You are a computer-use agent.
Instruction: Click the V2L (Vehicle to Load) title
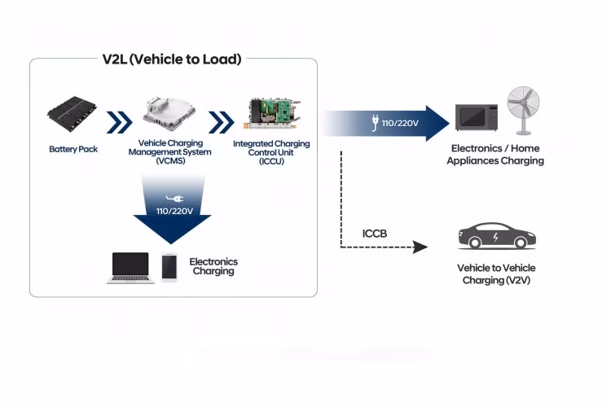pos(172,59)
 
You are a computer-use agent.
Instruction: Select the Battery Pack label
pos(73,150)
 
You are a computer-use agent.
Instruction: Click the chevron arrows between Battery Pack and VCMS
pos(119,122)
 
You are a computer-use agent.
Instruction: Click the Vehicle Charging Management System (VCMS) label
pos(175,152)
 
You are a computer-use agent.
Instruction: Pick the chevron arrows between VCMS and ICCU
pos(221,122)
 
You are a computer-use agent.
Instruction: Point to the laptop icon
pos(130,267)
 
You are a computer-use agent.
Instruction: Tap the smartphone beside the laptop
pos(169,267)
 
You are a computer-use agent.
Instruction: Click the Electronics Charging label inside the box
pos(213,266)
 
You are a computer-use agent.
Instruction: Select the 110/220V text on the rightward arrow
pos(400,124)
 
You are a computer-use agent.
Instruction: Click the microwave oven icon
pos(477,117)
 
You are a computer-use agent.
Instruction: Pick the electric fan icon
pos(522,111)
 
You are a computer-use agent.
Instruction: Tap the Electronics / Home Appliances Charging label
pos(497,155)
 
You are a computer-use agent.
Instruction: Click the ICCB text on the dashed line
pos(375,234)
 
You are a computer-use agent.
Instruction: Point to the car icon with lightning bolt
pos(496,237)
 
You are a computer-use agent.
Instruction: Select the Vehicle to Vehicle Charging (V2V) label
pos(497,274)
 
